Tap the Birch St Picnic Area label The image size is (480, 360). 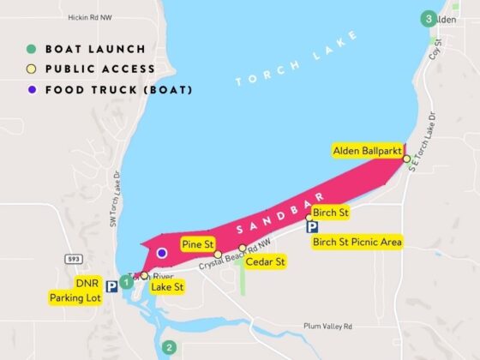(x=357, y=243)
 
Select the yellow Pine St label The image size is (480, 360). (x=197, y=245)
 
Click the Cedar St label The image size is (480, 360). (x=265, y=262)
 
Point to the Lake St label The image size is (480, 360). (x=167, y=287)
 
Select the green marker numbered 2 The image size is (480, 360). (x=170, y=347)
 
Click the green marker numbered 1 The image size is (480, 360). (x=126, y=281)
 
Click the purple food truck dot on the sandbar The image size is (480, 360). (x=162, y=254)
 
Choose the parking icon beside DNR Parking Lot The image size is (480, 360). (x=111, y=287)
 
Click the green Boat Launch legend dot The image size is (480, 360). (x=30, y=49)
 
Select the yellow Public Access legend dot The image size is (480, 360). (x=30, y=69)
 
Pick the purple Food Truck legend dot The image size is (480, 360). (x=30, y=89)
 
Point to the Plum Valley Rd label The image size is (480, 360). (x=327, y=327)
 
